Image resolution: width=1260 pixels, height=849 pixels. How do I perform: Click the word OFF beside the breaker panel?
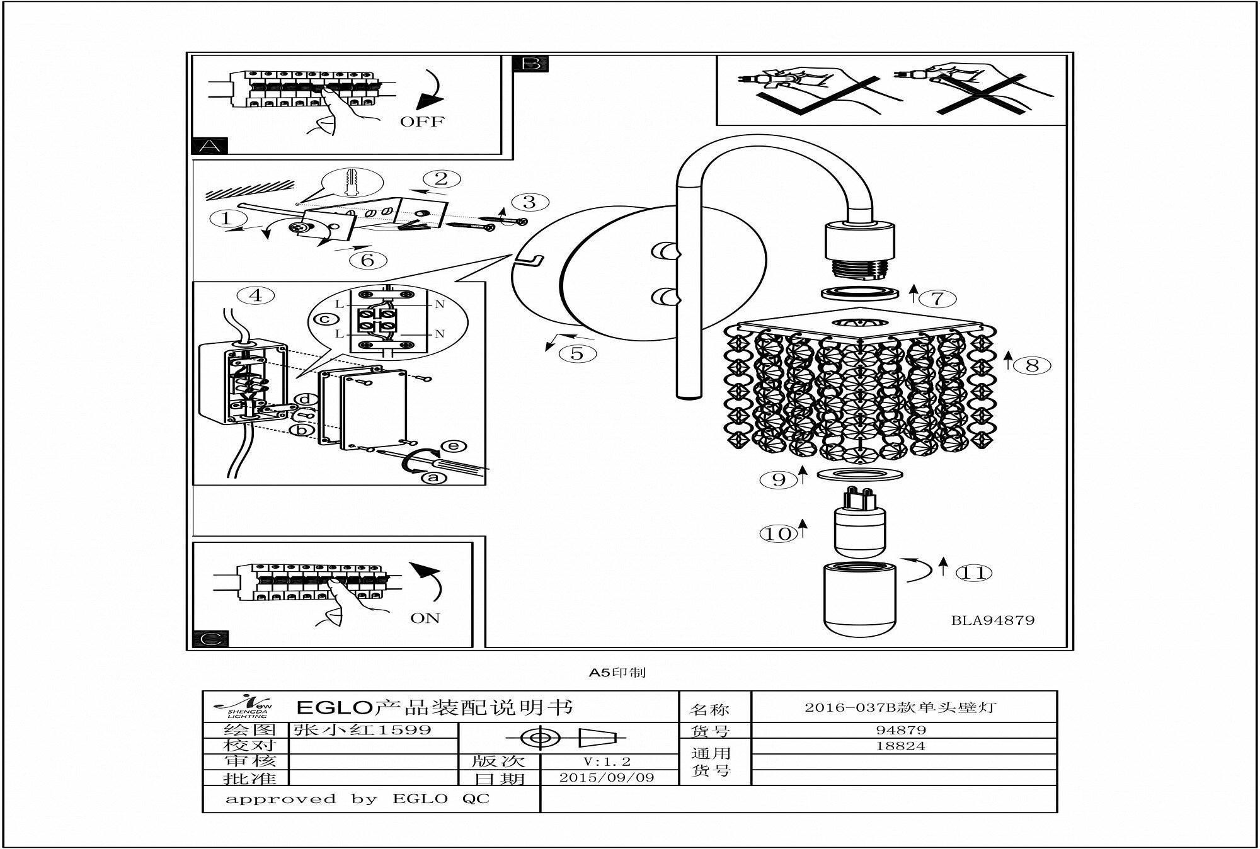pos(422,122)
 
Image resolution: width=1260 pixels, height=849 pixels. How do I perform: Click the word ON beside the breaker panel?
pos(425,618)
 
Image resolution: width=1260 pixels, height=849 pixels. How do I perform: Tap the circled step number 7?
pos(938,297)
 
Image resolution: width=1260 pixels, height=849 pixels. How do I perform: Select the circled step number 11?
pos(973,573)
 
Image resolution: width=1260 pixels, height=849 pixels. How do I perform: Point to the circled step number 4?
pos(256,295)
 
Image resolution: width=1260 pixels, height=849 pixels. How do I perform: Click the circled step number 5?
pos(577,353)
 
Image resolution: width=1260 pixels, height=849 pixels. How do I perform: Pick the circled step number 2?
pos(441,178)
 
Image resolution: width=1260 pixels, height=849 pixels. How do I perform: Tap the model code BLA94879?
pos(993,620)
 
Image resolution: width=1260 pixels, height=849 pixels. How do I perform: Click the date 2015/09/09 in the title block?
pos(607,777)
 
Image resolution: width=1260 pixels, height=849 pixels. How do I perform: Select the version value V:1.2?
pos(607,761)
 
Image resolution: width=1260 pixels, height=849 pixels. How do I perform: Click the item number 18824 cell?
pos(901,746)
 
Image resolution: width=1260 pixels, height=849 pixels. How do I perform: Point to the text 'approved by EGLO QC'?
pos(358,799)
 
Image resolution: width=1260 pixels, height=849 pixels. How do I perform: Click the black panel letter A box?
pos(209,146)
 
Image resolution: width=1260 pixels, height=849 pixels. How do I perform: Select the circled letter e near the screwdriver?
pos(454,446)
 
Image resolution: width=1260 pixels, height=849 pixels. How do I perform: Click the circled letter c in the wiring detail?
pos(326,319)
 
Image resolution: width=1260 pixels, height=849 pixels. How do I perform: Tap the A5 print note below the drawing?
pos(617,673)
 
